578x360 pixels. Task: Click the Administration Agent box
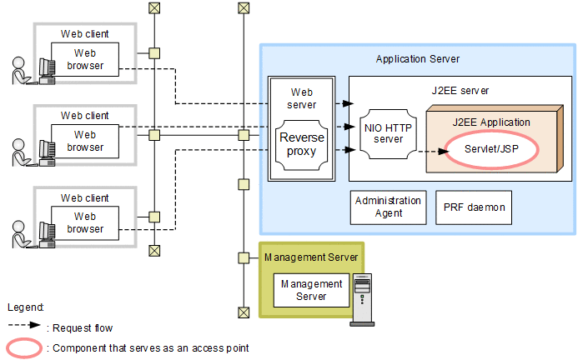pyautogui.click(x=388, y=207)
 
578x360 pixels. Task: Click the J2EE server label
pyautogui.click(x=461, y=90)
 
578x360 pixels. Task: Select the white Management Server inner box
pyautogui.click(x=311, y=290)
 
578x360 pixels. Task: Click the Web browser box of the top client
pyautogui.click(x=85, y=59)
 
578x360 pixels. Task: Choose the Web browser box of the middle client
pyautogui.click(x=85, y=141)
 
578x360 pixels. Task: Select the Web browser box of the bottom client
pyautogui.click(x=85, y=222)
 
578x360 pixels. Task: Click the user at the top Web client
pyautogui.click(x=20, y=70)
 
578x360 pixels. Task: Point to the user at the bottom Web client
pyautogui.click(x=20, y=232)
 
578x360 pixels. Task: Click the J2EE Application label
pyautogui.click(x=491, y=122)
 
